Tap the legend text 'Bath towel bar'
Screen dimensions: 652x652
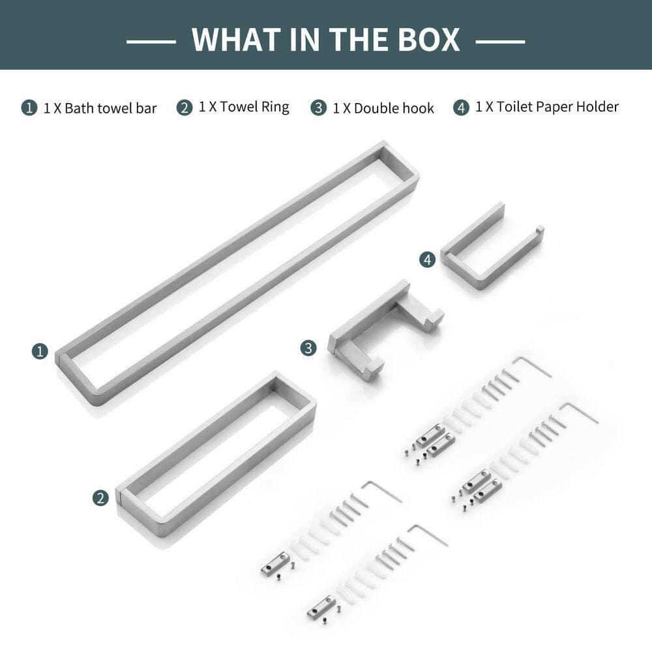click(111, 108)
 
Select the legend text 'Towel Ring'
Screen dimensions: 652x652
click(254, 107)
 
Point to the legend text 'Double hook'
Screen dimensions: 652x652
click(394, 108)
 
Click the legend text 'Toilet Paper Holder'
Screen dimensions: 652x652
click(557, 107)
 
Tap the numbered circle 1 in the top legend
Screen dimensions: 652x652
click(29, 108)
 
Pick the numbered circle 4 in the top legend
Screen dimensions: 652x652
click(461, 108)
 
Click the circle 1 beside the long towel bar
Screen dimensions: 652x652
click(40, 352)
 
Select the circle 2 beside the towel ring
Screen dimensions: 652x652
click(100, 497)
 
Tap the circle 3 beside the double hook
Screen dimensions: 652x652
click(308, 348)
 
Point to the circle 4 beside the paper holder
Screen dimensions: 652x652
click(428, 260)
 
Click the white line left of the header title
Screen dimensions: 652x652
click(151, 42)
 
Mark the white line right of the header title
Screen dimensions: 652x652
click(500, 42)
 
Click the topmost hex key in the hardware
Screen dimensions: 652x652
click(531, 366)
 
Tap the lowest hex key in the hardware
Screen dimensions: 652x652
click(428, 535)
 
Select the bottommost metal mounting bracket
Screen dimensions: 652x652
click(321, 606)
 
